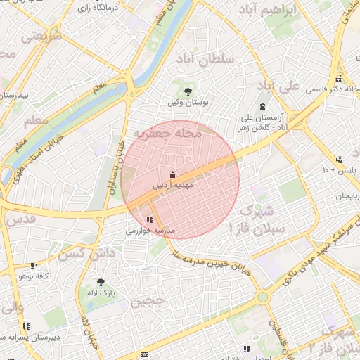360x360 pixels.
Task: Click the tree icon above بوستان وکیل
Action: (x=187, y=91)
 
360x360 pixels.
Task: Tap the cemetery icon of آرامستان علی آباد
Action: (x=262, y=106)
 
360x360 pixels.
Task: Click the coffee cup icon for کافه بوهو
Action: (x=33, y=266)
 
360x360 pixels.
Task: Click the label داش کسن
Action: (x=82, y=252)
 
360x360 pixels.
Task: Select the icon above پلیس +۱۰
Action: (x=339, y=160)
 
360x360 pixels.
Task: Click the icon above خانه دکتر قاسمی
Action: (x=339, y=78)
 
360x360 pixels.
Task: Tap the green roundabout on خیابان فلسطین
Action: (x=262, y=297)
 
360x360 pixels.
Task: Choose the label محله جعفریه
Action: (x=168, y=134)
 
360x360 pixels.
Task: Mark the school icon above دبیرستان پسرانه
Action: (x=26, y=326)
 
